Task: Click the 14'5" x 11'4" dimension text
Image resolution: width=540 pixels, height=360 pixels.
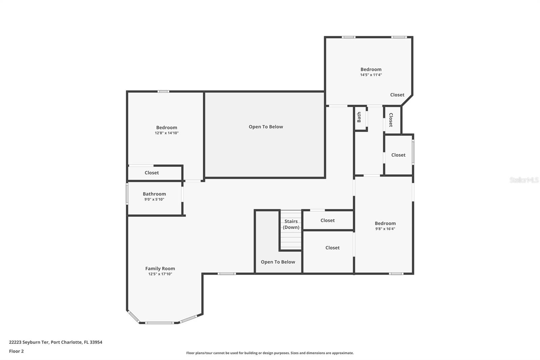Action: [x=371, y=75]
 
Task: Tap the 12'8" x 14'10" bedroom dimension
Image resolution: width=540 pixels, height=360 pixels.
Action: [x=166, y=133]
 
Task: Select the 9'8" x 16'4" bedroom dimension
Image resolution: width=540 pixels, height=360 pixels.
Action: [x=385, y=229]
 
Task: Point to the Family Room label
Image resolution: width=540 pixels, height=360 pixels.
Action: [x=160, y=268]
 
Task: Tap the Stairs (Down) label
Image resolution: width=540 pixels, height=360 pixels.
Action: [x=291, y=224]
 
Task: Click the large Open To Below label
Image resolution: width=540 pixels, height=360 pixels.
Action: [x=266, y=127]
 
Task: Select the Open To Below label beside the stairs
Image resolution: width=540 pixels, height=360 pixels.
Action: [x=278, y=262]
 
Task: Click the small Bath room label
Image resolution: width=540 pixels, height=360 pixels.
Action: [x=359, y=117]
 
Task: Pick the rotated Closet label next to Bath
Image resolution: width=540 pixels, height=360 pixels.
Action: [x=391, y=120]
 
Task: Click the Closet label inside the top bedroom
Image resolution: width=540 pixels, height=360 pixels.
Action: [x=397, y=95]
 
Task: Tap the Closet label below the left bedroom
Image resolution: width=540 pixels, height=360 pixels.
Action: [x=152, y=173]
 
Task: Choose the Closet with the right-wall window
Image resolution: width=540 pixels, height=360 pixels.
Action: [x=398, y=155]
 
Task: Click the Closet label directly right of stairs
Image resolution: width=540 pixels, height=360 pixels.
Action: [x=327, y=220]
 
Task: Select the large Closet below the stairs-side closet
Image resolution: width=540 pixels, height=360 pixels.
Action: [x=332, y=248]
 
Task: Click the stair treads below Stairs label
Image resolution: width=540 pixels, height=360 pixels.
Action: [x=291, y=240]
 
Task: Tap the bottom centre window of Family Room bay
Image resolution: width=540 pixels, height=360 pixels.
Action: [x=160, y=323]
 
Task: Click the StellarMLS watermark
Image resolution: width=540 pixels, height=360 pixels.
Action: [x=524, y=180]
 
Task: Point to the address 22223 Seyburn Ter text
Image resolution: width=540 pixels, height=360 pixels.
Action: [x=55, y=342]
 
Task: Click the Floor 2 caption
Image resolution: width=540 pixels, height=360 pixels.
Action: [x=16, y=351]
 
